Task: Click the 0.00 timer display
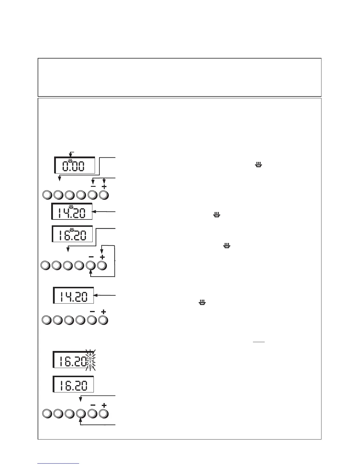(x=75, y=165)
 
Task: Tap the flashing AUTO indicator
(x=90, y=360)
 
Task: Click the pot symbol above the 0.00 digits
(x=70, y=161)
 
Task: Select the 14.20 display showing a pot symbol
(x=72, y=211)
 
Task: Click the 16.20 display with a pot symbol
(x=72, y=234)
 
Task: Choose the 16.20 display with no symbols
(x=73, y=384)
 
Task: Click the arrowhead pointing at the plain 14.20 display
(x=96, y=295)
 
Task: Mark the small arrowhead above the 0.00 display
(x=70, y=155)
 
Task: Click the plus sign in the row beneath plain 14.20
(x=104, y=311)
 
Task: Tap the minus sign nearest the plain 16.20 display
(x=93, y=405)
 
